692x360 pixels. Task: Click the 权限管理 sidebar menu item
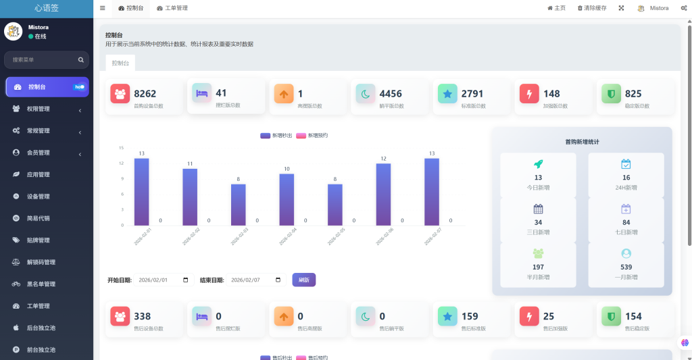[38, 109]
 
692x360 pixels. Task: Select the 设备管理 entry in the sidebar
[38, 197]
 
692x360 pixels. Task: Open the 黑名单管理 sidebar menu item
[41, 284]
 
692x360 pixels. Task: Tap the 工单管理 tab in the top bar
[172, 8]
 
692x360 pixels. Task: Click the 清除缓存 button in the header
[592, 8]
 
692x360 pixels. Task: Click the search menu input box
[42, 59]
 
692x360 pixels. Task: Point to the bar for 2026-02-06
[383, 194]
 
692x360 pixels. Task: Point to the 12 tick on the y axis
[121, 163]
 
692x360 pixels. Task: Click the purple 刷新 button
[303, 280]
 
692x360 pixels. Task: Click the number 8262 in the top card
[145, 94]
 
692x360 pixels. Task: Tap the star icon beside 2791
[447, 94]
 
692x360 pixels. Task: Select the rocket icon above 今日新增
[538, 164]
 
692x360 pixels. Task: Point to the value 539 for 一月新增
[626, 267]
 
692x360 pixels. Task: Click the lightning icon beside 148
[529, 94]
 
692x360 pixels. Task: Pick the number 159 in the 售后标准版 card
[470, 316]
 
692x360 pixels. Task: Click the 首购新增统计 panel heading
[582, 142]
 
